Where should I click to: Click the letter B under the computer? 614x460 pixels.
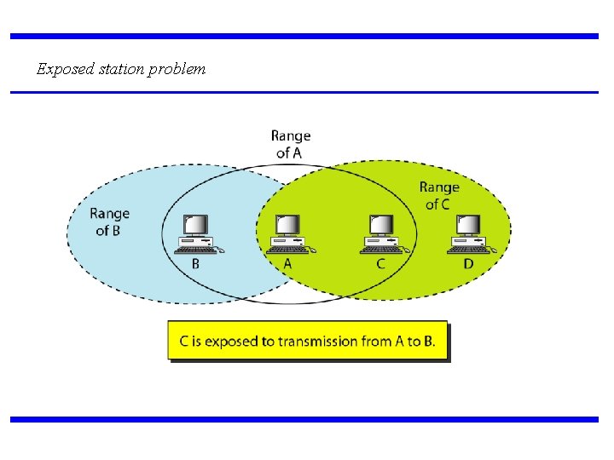195,264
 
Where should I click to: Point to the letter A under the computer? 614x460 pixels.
287,264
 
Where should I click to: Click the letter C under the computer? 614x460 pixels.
380,264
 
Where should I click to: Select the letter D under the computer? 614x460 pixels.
468,264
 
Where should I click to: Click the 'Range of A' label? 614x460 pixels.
291,144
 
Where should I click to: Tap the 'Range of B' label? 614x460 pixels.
110,221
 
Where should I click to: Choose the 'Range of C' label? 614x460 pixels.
438,195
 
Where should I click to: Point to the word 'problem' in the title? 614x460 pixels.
177,69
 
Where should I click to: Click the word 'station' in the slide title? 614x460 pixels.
120,69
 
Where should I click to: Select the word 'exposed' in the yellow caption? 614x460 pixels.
231,342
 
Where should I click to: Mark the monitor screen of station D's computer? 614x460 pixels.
468,224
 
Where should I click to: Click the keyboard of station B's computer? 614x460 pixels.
194,250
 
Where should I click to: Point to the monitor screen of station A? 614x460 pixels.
287,224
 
